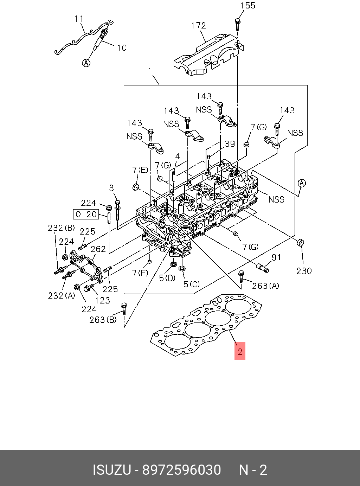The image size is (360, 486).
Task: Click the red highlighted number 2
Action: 240,351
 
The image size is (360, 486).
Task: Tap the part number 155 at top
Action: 247,6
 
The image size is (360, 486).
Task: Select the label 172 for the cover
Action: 198,26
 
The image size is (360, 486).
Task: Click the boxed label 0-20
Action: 86,214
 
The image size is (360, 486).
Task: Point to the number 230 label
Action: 304,271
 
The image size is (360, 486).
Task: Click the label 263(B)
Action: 102,320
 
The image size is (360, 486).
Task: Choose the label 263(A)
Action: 265,286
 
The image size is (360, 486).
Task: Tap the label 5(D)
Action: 167,278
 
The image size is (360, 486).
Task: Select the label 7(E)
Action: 140,170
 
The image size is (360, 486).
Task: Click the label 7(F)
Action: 140,273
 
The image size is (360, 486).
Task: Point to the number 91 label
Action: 276,257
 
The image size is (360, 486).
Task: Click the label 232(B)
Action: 61,228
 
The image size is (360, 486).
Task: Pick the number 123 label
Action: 103,300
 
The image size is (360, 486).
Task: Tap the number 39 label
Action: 230,143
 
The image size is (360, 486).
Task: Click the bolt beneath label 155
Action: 238,23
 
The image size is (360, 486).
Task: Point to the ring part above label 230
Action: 301,243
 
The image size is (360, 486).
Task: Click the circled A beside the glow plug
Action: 86,63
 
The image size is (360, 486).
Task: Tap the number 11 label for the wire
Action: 79,19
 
